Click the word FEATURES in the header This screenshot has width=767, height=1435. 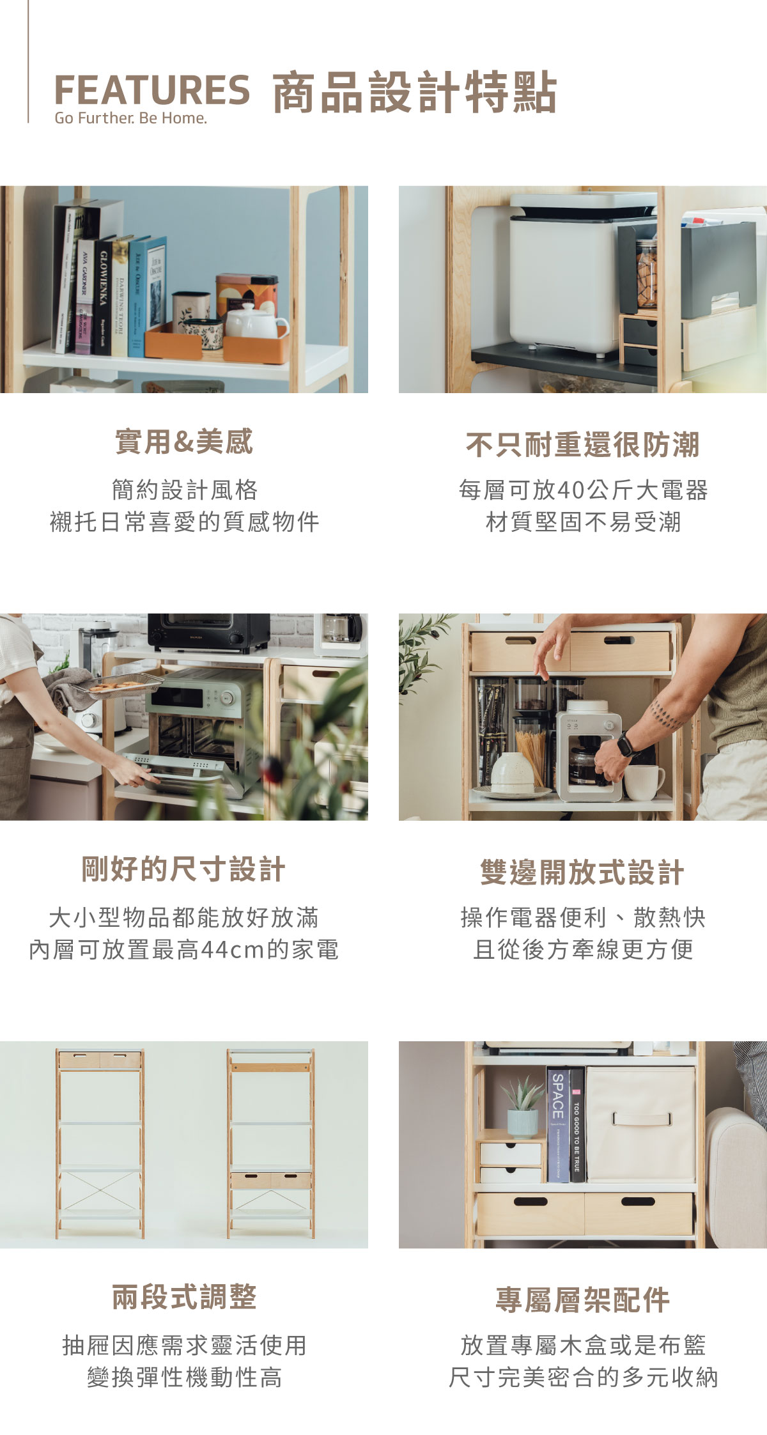(152, 89)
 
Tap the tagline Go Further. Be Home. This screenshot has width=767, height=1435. (131, 118)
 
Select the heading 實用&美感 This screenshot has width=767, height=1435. (184, 442)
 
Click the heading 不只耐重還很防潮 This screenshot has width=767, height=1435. (583, 444)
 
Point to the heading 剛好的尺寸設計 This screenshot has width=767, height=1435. (183, 869)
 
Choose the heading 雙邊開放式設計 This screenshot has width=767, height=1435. (582, 873)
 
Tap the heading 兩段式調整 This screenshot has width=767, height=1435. (184, 1297)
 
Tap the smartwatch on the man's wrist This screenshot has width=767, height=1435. (625, 744)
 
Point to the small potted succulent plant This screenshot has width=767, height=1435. (523, 1105)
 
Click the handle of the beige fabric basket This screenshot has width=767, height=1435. (642, 1119)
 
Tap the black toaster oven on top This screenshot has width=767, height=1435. (209, 633)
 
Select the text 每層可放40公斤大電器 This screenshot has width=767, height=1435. (583, 490)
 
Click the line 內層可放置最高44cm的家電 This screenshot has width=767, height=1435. (183, 949)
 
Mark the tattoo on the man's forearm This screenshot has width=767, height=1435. (667, 715)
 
